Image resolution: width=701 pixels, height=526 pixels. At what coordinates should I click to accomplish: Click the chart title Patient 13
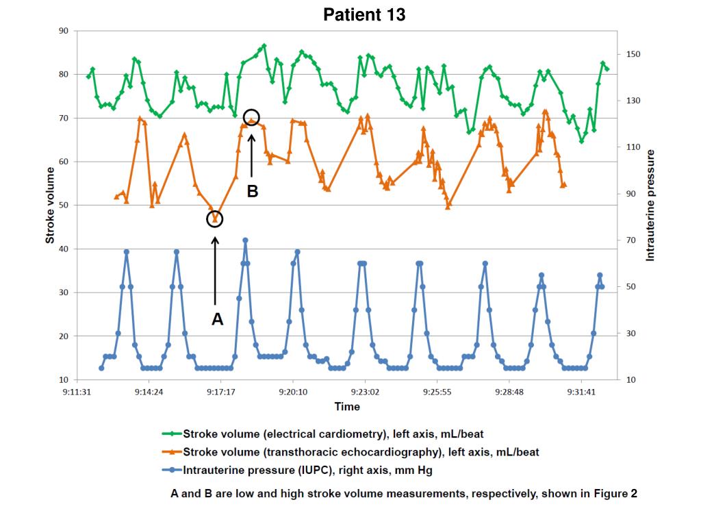[364, 14]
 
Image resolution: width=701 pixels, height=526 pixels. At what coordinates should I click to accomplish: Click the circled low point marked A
[215, 218]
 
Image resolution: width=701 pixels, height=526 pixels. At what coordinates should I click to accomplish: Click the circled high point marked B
[251, 117]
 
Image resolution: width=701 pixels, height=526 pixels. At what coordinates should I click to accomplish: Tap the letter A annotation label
[217, 319]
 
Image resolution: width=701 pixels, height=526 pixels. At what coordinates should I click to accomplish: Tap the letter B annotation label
[252, 192]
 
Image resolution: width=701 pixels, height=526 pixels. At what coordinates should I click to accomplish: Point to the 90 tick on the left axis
[64, 31]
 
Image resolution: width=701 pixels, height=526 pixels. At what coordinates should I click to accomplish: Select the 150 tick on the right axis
[633, 54]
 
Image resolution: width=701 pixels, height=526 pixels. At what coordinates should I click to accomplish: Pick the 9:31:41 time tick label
[581, 392]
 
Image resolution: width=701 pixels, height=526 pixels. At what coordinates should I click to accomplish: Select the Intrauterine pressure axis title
[651, 205]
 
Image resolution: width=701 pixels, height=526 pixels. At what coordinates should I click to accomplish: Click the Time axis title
[347, 407]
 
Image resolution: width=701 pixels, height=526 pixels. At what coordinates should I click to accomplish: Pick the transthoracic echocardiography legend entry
[360, 452]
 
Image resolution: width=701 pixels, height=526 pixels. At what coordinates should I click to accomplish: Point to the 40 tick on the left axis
[64, 249]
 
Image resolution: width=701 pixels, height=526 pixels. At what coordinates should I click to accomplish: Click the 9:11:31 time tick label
[76, 392]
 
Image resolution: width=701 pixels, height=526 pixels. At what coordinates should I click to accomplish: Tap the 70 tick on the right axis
[630, 240]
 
